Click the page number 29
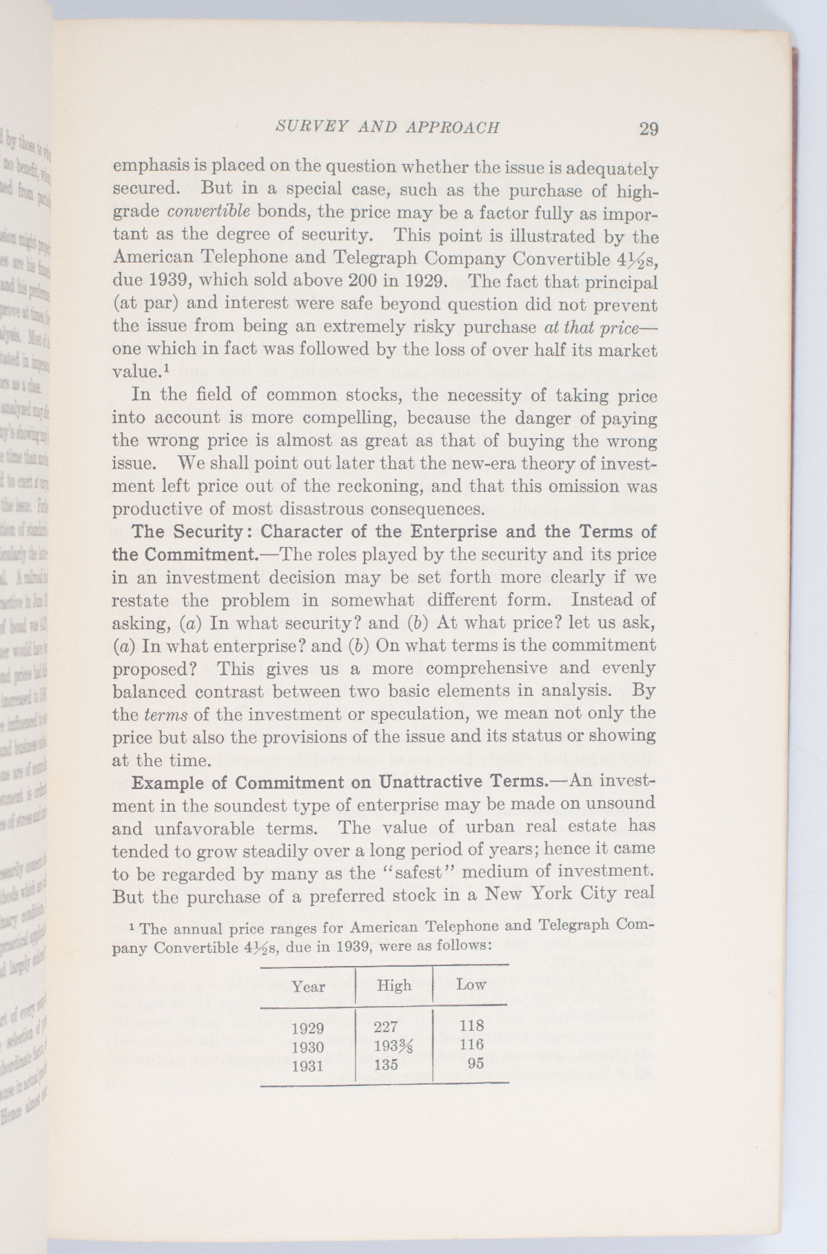tap(649, 129)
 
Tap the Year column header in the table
tap(308, 986)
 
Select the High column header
tap(394, 985)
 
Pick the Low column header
tap(471, 985)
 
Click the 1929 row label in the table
tap(307, 1028)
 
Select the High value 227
tap(385, 1027)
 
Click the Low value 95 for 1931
tap(476, 1063)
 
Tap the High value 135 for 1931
tap(385, 1065)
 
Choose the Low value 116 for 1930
tap(471, 1045)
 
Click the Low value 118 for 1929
tap(471, 1025)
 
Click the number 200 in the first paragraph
tap(366, 282)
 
